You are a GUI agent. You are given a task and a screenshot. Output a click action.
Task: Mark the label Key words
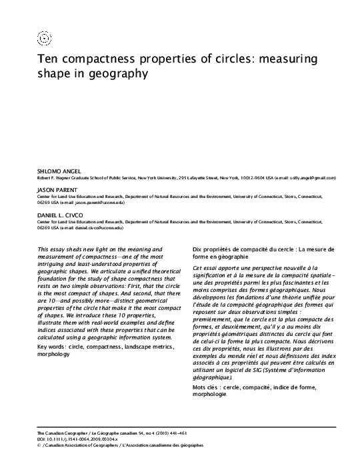(54, 347)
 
